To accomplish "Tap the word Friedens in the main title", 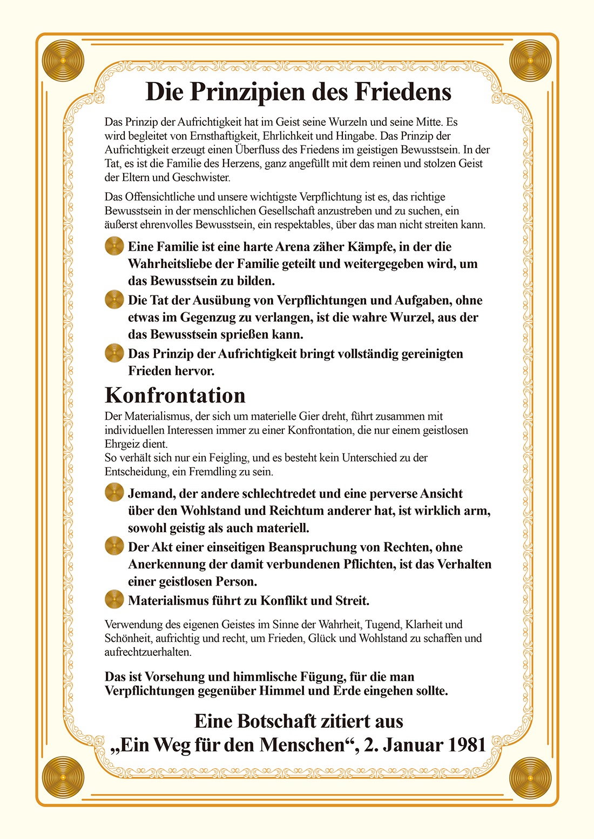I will pyautogui.click(x=402, y=92).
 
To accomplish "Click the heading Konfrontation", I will pyautogui.click(x=175, y=395).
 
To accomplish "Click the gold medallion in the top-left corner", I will pyautogui.click(x=64, y=61).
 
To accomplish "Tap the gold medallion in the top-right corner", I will pyautogui.click(x=530, y=61).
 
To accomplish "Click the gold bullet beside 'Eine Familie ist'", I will pyautogui.click(x=114, y=246).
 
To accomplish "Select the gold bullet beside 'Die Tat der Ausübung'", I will pyautogui.click(x=114, y=300).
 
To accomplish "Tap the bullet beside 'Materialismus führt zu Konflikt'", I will pyautogui.click(x=114, y=600).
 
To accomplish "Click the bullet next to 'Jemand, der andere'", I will pyautogui.click(x=114, y=493).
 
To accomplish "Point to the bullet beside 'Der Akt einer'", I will pyautogui.click(x=114, y=546).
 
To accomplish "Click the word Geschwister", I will pyautogui.click(x=201, y=177).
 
